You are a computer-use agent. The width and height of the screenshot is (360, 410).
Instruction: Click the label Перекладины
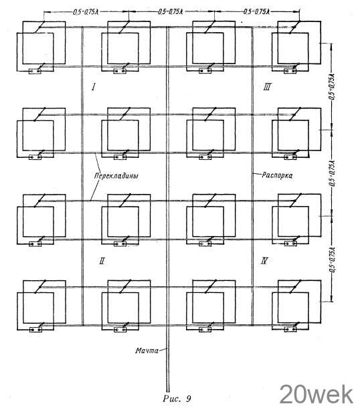tap(116, 176)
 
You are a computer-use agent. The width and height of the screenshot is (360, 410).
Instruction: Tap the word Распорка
tap(277, 175)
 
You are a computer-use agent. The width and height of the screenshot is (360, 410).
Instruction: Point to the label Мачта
tap(147, 350)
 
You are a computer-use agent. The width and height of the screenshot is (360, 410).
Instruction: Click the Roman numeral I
tap(94, 86)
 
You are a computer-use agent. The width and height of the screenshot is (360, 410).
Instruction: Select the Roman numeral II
tap(102, 261)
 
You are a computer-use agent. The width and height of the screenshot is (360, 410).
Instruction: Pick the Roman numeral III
tap(268, 86)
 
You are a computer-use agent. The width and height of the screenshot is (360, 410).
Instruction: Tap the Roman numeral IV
tap(264, 261)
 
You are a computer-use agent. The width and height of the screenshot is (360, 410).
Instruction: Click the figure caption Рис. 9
tap(177, 399)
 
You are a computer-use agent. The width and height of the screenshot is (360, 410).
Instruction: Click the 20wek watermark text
tap(317, 395)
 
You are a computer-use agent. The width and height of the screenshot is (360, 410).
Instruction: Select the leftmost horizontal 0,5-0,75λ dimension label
tap(86, 12)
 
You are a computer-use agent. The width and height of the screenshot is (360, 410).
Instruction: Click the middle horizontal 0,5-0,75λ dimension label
tap(170, 12)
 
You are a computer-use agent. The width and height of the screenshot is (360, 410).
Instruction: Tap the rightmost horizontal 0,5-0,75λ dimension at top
tap(256, 12)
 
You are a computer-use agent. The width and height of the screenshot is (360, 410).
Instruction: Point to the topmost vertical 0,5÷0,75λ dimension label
tap(332, 86)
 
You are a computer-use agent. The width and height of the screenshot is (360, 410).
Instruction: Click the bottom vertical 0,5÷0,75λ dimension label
tap(332, 260)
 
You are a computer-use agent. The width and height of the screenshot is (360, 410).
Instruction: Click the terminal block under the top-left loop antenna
tap(35, 71)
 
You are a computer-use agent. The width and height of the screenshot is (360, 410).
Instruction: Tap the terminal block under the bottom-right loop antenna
tap(290, 329)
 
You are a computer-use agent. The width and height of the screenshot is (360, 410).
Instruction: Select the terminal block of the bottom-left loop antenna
tap(35, 330)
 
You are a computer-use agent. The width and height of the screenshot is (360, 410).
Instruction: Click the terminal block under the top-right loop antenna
tap(290, 71)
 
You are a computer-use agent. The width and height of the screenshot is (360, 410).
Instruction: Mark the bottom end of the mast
tap(168, 391)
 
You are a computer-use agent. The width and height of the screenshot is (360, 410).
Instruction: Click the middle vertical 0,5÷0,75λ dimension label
tap(332, 173)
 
